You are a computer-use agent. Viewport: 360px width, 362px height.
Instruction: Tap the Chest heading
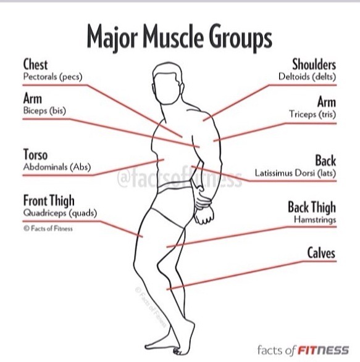pos(35,64)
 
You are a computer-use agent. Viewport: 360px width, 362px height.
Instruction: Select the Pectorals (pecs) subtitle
pos(52,76)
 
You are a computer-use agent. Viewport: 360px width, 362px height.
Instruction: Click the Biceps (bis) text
pos(44,110)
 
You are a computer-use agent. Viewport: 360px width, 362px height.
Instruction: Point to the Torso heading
pos(35,154)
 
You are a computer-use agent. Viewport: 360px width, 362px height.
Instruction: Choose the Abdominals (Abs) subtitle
pos(57,167)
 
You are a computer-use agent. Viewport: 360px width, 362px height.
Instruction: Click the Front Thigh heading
pos(49,200)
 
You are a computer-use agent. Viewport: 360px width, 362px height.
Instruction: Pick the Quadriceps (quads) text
pos(60,213)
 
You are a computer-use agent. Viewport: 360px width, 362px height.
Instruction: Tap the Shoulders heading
pos(314,64)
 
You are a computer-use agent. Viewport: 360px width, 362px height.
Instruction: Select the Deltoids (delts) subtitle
pos(307,76)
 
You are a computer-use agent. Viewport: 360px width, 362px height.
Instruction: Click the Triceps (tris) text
pos(312,114)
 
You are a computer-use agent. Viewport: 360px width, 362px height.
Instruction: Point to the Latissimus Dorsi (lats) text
pos(295,173)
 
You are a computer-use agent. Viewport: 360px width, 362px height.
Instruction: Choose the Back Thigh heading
pos(312,207)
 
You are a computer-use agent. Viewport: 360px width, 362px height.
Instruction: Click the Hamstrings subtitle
pos(315,220)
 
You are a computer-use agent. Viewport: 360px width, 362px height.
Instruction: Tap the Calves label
pos(321,253)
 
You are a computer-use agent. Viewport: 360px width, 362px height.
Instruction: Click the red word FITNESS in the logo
pos(323,350)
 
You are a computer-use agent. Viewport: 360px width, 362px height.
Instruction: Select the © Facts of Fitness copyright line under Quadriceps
pos(48,229)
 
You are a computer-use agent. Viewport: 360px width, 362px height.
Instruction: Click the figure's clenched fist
pos(204,216)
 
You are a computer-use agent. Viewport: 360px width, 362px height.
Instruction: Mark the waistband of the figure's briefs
pos(175,186)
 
